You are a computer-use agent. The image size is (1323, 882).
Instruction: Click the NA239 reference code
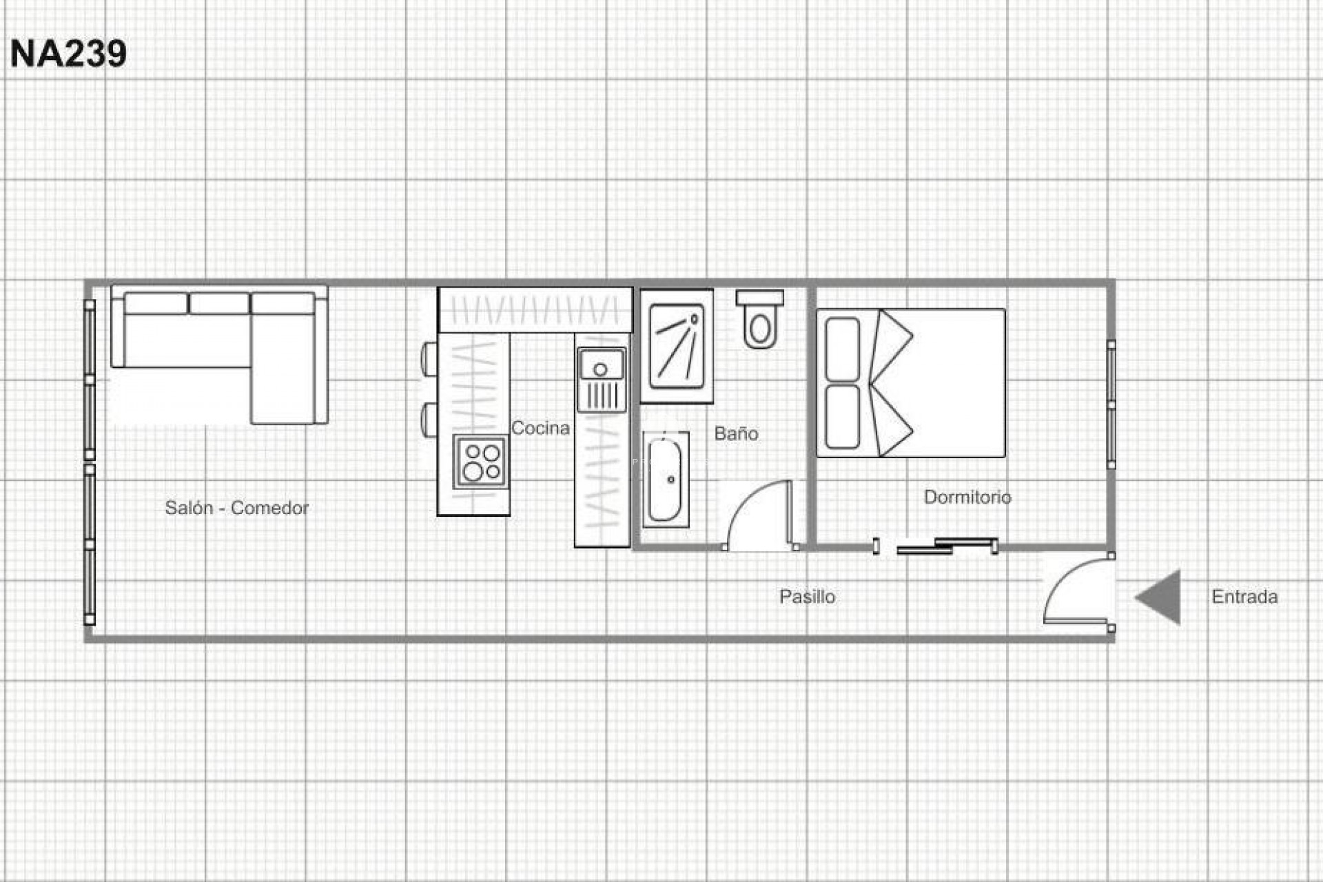[68, 54]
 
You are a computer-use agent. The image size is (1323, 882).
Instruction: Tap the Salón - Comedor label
[236, 508]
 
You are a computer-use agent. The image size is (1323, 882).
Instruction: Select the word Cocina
[540, 428]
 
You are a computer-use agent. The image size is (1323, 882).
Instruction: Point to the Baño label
[736, 433]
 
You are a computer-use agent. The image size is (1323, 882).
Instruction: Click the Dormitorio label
[967, 497]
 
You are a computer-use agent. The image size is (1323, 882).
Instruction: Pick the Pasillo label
[807, 596]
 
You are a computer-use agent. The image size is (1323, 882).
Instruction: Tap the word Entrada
[1244, 596]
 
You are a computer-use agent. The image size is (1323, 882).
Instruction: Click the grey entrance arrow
[1160, 597]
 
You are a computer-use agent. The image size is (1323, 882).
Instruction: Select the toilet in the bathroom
[759, 321]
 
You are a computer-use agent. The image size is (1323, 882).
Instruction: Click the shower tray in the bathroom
[677, 346]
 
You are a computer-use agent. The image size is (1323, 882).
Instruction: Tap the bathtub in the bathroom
[665, 480]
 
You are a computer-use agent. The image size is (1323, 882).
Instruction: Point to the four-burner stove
[481, 462]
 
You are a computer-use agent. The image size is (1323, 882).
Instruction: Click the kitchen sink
[601, 366]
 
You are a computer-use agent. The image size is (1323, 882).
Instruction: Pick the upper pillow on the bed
[842, 349]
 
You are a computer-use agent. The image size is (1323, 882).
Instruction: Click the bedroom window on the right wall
[1111, 404]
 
